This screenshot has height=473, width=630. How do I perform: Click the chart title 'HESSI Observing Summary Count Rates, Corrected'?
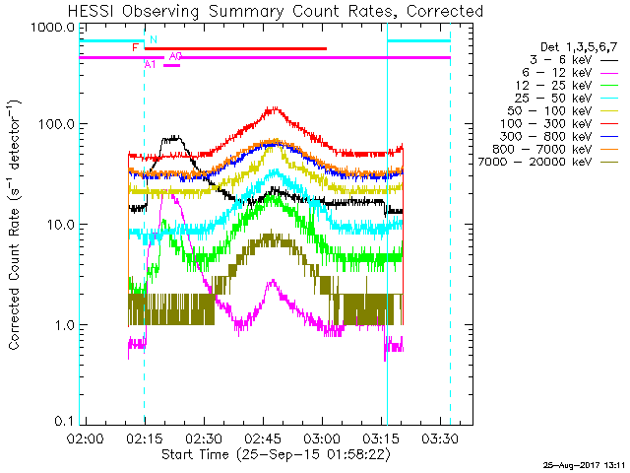coord(276,12)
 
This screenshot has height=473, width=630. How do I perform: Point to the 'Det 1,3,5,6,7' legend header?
coord(578,46)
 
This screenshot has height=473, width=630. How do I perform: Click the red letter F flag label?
coord(136,47)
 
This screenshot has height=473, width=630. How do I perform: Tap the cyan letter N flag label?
coord(154,39)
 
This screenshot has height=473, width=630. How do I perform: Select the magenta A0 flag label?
coord(175,56)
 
